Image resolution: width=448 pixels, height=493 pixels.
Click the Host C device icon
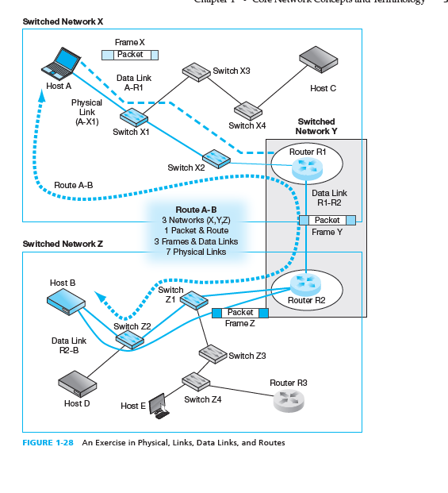318,64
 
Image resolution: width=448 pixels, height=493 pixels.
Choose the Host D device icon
77,384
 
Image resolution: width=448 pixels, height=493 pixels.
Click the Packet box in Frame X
130,55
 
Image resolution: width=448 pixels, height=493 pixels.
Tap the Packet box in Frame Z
240,313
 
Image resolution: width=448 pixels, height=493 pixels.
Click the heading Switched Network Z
63,244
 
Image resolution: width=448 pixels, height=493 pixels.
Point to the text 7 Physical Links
195,252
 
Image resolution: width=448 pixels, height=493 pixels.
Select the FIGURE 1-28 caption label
48,443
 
